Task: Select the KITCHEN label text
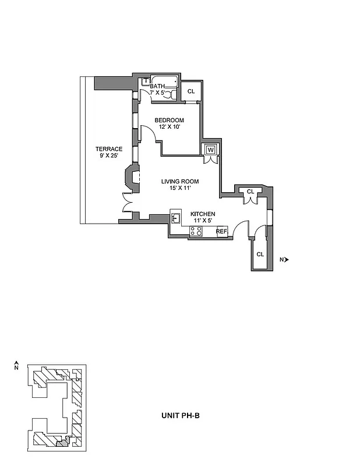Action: pos(203,214)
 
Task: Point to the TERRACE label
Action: pos(109,149)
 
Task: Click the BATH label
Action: pos(157,86)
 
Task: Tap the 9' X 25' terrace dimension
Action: pos(109,156)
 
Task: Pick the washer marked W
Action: pos(210,150)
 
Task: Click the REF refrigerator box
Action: pos(221,231)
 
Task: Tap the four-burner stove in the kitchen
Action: pos(197,231)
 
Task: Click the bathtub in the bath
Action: pos(163,82)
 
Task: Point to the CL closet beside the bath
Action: pos(190,91)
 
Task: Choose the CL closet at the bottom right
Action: pos(260,255)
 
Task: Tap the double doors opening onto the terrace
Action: pos(125,202)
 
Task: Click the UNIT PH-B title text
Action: pos(180,416)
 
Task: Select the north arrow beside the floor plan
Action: pos(285,259)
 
